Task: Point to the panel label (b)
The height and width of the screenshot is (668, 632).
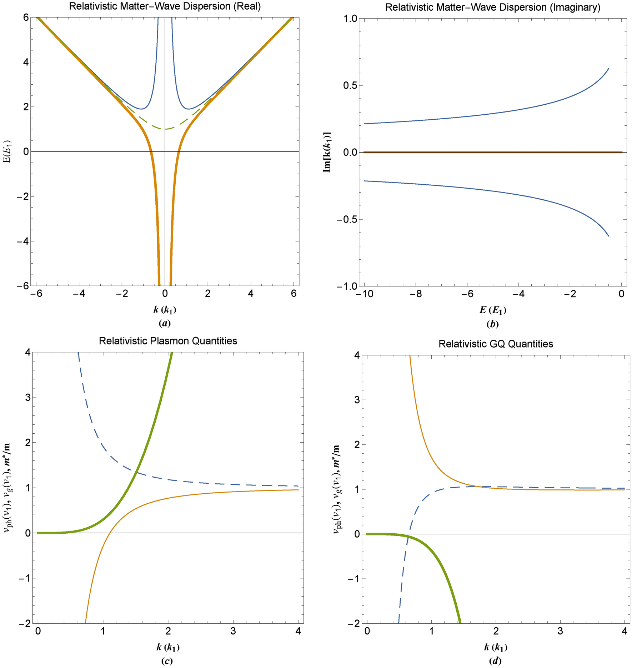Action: click(493, 324)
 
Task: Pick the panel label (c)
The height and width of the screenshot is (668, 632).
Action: click(167, 661)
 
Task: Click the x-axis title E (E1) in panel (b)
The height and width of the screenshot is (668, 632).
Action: click(493, 310)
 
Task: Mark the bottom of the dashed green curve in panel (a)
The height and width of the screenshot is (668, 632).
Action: click(165, 129)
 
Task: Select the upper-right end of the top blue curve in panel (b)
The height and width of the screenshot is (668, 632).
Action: click(608, 69)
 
